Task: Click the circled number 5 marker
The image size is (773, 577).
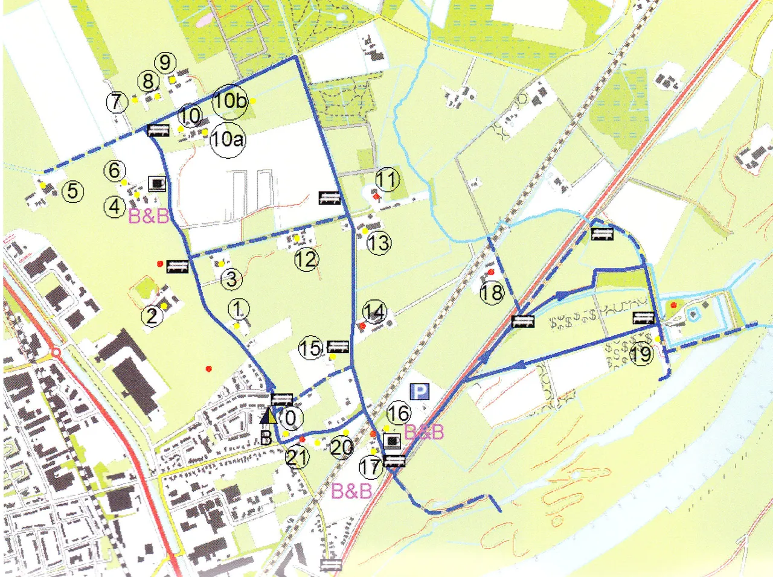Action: tap(72, 191)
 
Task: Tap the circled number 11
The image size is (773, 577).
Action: tap(387, 179)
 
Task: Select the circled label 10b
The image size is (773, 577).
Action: tap(230, 100)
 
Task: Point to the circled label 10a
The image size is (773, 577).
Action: tap(227, 139)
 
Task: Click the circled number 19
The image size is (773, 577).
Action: tap(641, 353)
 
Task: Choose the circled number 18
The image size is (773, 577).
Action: tap(492, 293)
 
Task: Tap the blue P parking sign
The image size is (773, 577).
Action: tap(420, 393)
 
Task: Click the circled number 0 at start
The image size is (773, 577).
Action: tap(290, 417)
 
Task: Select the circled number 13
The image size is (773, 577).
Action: tap(379, 243)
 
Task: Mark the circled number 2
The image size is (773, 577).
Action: tap(152, 315)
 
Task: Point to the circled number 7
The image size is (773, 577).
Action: tap(117, 101)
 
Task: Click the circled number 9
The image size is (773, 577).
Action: tap(165, 62)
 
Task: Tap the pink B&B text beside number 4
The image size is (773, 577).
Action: tap(149, 215)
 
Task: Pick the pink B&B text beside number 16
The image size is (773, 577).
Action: tap(424, 432)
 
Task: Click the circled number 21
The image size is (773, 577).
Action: tap(297, 457)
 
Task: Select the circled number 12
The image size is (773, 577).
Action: tap(306, 260)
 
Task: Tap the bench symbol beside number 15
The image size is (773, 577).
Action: tap(338, 346)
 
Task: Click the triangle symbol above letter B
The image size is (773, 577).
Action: tap(269, 416)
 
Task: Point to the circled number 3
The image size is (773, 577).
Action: tap(231, 279)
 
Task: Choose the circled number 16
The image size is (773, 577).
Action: tap(398, 413)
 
